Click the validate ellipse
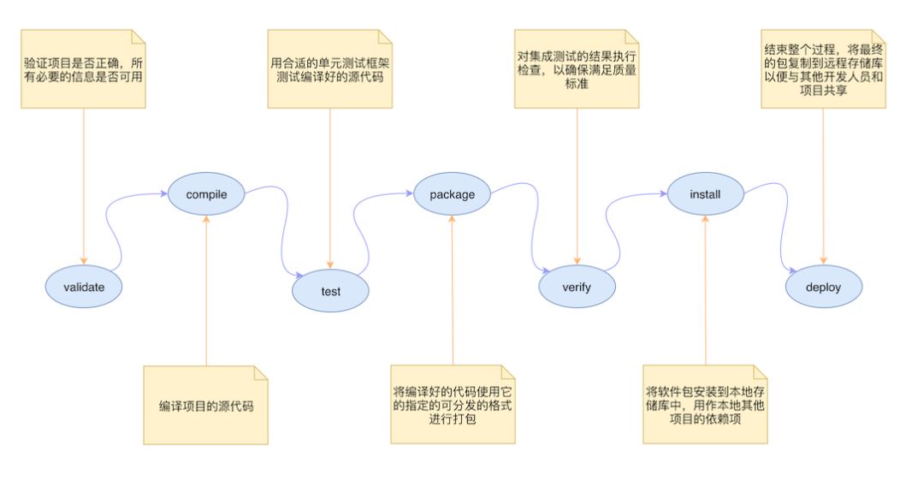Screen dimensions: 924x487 pos(84,287)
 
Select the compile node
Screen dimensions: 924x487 pos(206,194)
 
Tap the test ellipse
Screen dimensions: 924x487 pos(330,291)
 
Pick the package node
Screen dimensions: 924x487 pos(452,194)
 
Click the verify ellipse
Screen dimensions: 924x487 pos(577,287)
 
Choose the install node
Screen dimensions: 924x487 pos(705,194)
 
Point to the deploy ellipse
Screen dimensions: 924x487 pos(824,287)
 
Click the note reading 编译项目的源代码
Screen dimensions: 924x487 pos(205,405)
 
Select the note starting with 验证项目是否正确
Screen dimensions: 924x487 pos(83,69)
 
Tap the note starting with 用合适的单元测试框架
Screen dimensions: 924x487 pos(330,69)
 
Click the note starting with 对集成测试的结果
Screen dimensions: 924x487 pos(577,69)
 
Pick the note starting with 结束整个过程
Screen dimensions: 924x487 pos(823,69)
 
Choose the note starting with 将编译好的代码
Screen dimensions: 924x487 pos(453,405)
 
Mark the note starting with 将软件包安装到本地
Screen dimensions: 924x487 pos(705,405)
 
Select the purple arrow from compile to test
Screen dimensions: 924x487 pos(285,230)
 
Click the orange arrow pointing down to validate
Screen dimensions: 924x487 pos(84,187)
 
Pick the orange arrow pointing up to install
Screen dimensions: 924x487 pos(705,290)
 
